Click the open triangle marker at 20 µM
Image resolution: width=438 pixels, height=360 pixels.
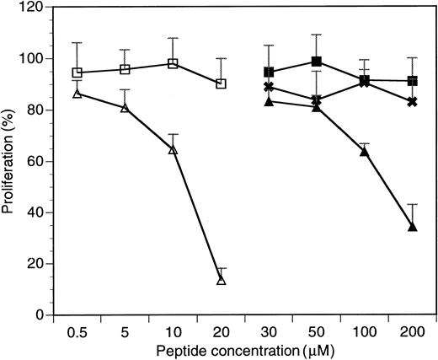(x=222, y=279)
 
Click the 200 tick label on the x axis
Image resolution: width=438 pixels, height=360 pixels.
(x=413, y=330)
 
